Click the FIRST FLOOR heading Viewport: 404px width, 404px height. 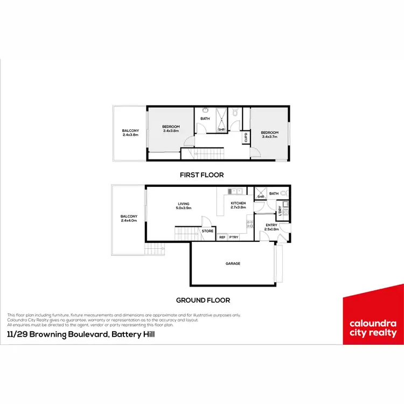[202, 175]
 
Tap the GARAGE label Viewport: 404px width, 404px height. [233, 263]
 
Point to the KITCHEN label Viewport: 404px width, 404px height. [238, 204]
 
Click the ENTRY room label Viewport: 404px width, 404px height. [271, 225]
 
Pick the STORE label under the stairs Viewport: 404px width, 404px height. [207, 231]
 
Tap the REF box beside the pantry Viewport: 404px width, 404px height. [222, 237]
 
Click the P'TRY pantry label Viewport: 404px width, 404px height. [234, 237]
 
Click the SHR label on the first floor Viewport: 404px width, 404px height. [221, 129]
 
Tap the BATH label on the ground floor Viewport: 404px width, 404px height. [274, 193]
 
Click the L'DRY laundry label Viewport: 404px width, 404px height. [280, 211]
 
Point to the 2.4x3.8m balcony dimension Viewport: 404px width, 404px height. [130, 135]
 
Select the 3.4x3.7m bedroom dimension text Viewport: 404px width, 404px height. [269, 137]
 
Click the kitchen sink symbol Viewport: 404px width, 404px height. [235, 191]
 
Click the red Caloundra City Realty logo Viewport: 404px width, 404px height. [373, 320]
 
